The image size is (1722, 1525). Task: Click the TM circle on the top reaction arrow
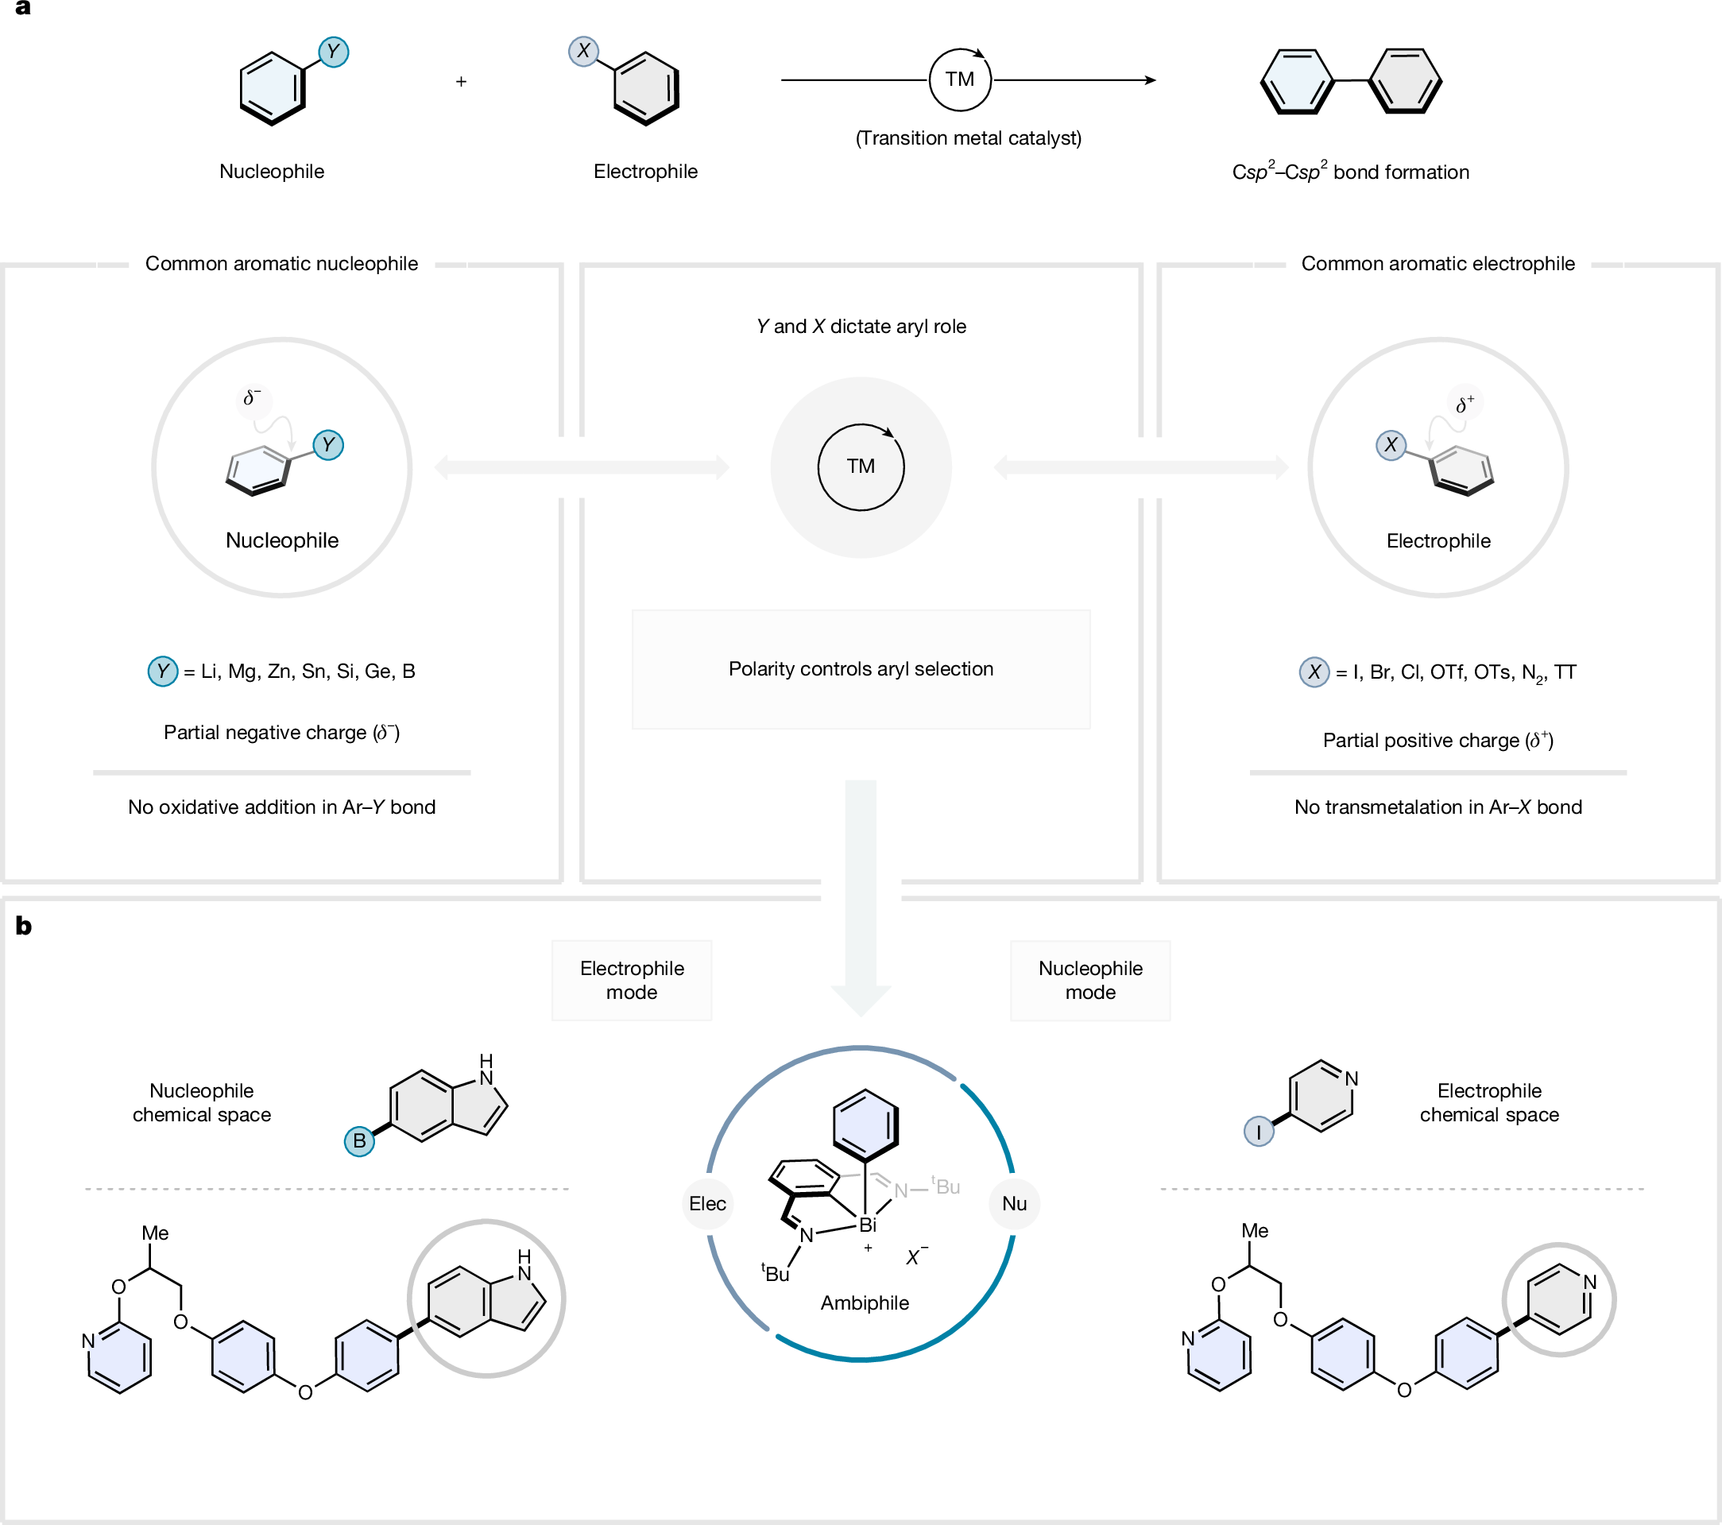pos(960,80)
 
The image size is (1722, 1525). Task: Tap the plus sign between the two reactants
pos(461,82)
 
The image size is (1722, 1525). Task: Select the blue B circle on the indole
pos(359,1141)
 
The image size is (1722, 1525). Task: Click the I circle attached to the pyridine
pos(1259,1132)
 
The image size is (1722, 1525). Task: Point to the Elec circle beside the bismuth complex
pos(708,1203)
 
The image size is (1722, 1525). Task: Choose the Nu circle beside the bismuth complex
pos(1014,1203)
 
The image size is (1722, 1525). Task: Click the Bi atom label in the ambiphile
pos(868,1225)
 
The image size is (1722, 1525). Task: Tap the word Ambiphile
pos(865,1302)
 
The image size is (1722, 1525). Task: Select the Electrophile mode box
pos(632,980)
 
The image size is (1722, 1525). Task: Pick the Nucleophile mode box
pos(1090,980)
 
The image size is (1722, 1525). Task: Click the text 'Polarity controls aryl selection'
pos(861,669)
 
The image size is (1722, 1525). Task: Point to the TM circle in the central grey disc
pos(861,466)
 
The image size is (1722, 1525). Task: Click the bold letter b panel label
pos(24,926)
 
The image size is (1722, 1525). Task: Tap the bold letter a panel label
pos(24,9)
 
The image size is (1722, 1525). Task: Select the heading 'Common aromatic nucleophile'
pos(281,264)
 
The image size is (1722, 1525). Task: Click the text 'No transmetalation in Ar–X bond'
pos(1438,807)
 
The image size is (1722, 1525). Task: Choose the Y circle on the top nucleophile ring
pos(334,52)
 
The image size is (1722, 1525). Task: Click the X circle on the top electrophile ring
pos(583,52)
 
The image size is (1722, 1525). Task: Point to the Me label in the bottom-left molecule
pos(155,1233)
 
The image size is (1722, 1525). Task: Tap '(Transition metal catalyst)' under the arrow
pos(969,138)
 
